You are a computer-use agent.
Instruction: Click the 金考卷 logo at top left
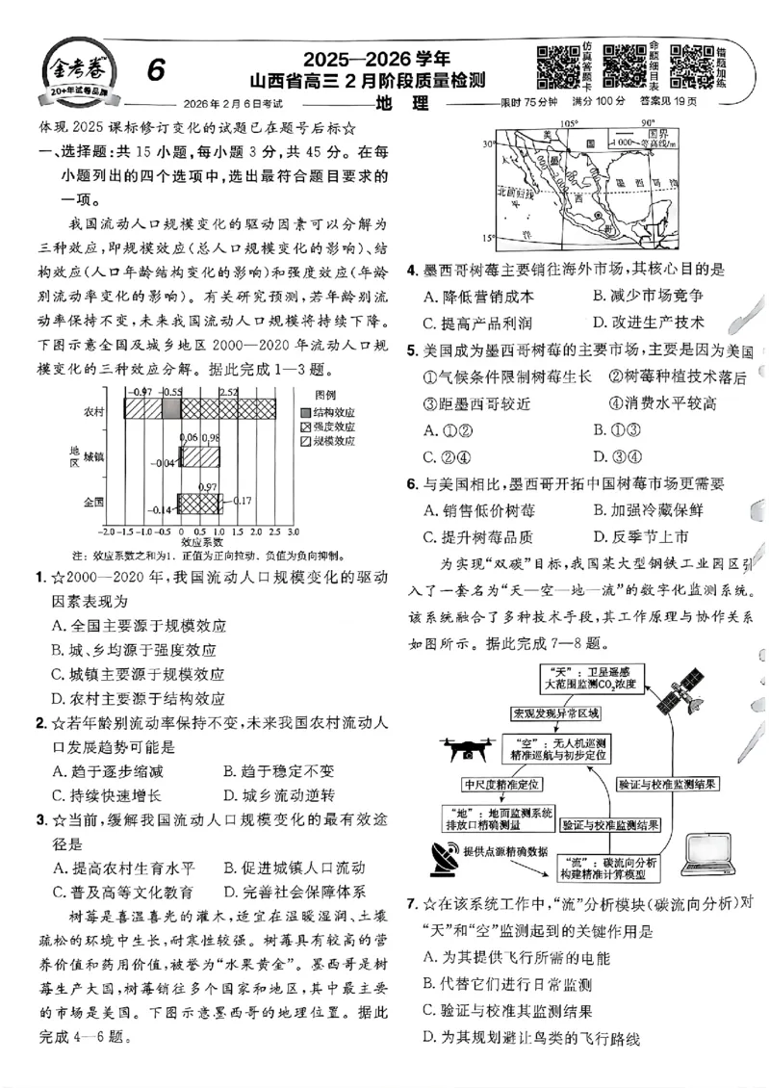[72, 73]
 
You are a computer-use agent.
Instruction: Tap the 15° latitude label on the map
[489, 238]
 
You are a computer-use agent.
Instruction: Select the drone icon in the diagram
[469, 747]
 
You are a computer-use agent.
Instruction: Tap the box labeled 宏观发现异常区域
[556, 713]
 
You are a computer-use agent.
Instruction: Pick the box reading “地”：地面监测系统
[498, 817]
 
